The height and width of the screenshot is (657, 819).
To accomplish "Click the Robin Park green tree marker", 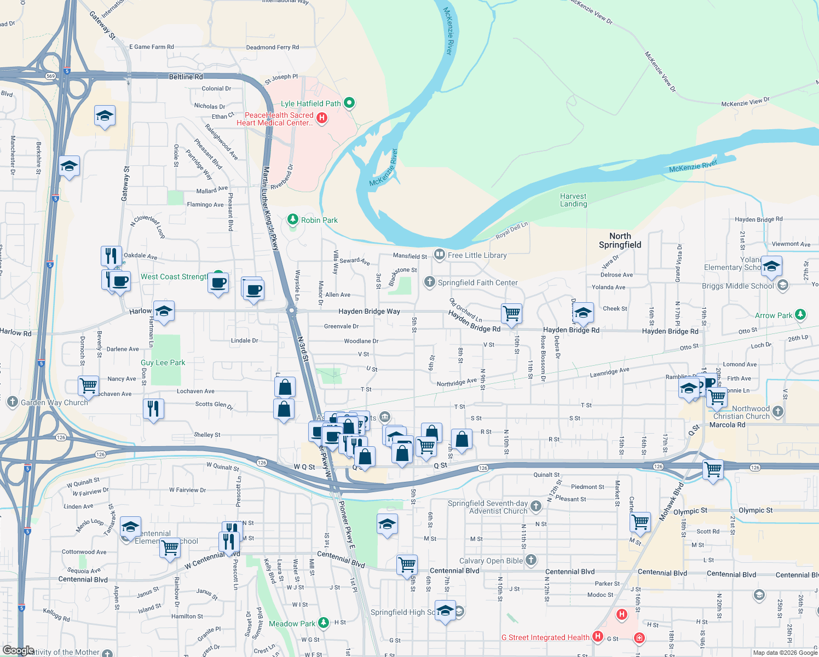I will [293, 220].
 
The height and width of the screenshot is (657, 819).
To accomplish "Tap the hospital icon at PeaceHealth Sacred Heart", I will [322, 118].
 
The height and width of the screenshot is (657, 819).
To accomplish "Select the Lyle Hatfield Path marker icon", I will [349, 103].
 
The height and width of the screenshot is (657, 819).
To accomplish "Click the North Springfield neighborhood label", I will [620, 240].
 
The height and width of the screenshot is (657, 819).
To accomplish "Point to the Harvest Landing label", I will [573, 200].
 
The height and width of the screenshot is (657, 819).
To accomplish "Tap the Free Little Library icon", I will [439, 255].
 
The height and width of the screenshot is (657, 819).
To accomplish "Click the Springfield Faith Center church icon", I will [429, 282].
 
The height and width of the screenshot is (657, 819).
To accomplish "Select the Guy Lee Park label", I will [163, 362].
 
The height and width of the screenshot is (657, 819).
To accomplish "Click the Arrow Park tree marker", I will [800, 315].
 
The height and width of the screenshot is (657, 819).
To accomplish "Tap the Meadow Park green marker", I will [324, 623].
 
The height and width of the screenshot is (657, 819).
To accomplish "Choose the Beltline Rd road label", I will [186, 77].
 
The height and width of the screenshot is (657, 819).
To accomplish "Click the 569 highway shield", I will [51, 76].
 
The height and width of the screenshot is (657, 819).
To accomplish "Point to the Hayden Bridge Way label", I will [369, 311].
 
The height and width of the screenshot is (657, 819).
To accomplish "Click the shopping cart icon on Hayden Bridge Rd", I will [511, 314].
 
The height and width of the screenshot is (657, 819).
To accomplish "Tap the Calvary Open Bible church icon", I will [530, 560].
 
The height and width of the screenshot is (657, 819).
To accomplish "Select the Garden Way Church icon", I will [12, 402].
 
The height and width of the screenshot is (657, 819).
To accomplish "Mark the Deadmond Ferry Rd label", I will [272, 47].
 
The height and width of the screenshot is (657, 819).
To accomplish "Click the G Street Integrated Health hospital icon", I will [598, 636].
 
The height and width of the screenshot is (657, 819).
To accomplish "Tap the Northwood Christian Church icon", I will [778, 411].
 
